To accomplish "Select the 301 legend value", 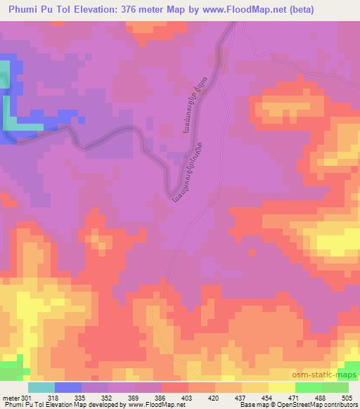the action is pos(27,398).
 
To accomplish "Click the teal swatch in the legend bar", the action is pos(41,387).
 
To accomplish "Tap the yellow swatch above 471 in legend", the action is pos(282,387).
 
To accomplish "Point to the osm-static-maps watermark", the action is pos(330,374).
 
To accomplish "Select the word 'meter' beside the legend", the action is pos(10,398).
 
